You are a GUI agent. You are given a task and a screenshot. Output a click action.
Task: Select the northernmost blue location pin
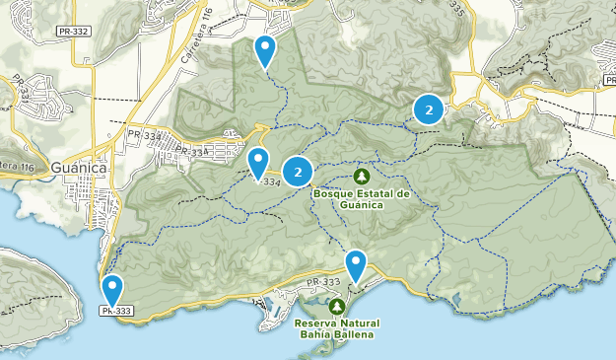tap(265, 49)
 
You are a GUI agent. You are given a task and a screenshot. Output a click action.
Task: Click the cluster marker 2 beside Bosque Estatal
tap(297, 173)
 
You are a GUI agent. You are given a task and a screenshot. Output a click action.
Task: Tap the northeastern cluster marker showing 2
tap(428, 109)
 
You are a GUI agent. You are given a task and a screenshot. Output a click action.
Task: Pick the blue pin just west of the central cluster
tap(258, 162)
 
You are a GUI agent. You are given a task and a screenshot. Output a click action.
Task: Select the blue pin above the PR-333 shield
tap(114, 290)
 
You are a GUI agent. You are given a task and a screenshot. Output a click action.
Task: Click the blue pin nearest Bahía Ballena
tap(356, 265)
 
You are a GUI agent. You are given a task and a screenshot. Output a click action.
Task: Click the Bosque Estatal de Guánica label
tap(361, 198)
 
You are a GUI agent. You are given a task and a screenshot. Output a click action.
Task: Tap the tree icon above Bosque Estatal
tap(361, 177)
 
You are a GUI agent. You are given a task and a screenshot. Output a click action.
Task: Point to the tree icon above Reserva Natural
tap(336, 307)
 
